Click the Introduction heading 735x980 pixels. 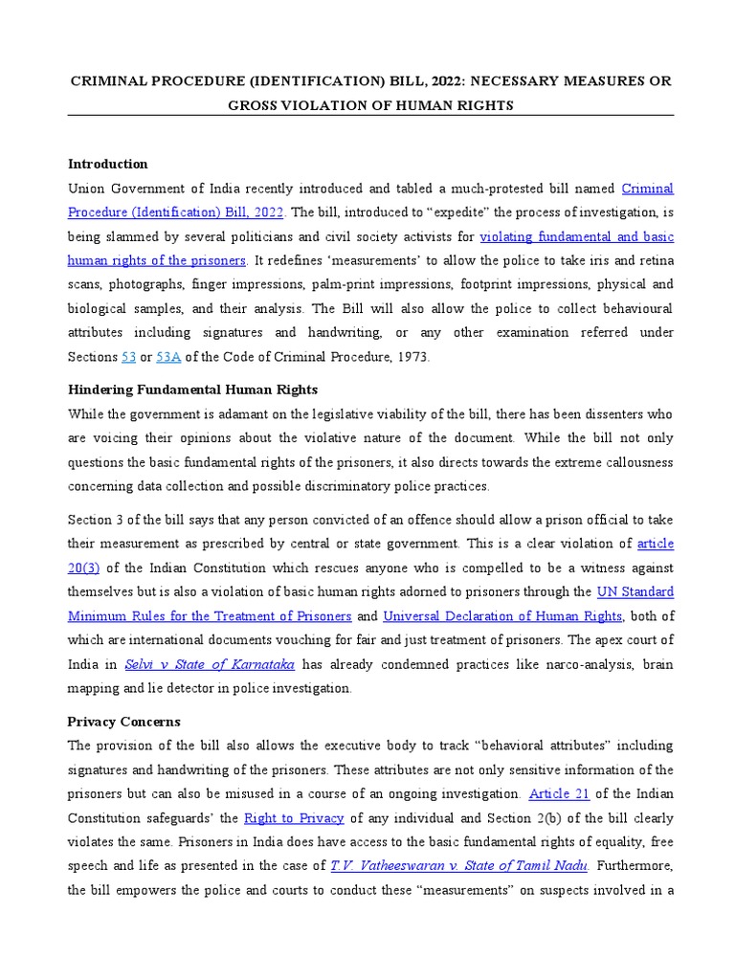pyautogui.click(x=107, y=164)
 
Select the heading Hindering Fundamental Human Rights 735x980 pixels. pyautogui.click(x=193, y=390)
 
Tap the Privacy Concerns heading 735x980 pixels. pyautogui.click(x=123, y=721)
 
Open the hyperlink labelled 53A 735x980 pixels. pyautogui.click(x=168, y=357)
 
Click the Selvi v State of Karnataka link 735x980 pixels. pyautogui.click(x=212, y=663)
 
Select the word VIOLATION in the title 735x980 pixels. pyautogui.click(x=318, y=105)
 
